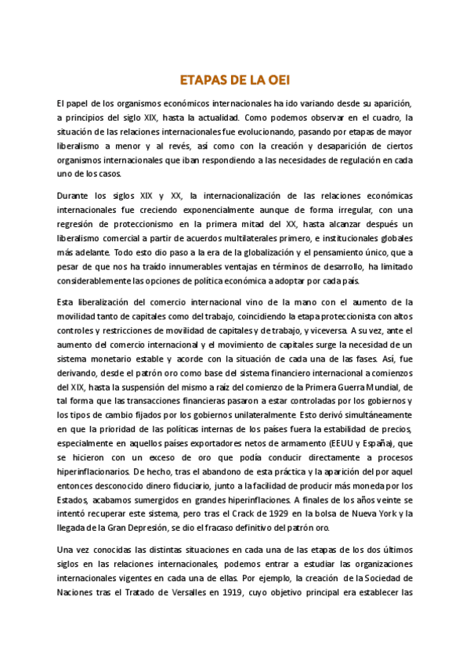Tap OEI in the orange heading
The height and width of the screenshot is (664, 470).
point(275,80)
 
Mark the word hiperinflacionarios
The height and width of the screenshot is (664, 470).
point(92,472)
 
